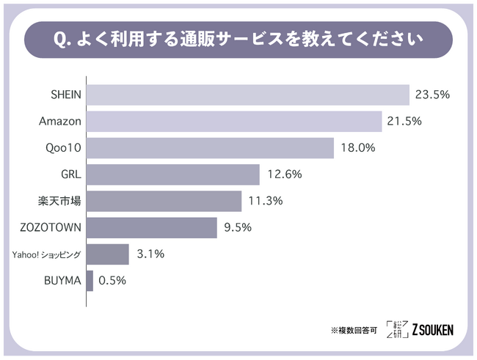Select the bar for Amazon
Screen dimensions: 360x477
(234, 122)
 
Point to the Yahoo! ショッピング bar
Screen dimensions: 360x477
(108, 254)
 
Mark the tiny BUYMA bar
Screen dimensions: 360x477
(90, 281)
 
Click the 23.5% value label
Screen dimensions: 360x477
(432, 95)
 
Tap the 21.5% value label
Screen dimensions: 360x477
(404, 122)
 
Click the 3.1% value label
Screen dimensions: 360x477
(150, 254)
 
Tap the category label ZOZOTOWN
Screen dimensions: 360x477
(53, 227)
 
